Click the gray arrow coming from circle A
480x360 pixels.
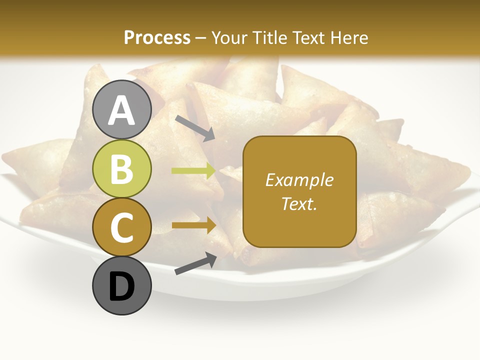[x=195, y=127]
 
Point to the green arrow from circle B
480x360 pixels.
[x=193, y=171]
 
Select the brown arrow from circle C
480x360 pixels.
[x=193, y=225]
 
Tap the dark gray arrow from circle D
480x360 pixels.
[x=195, y=263]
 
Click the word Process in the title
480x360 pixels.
[x=157, y=38]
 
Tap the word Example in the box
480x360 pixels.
[x=299, y=180]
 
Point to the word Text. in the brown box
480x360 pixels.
[x=299, y=204]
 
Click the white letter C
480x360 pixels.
[x=122, y=228]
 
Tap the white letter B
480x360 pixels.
[x=122, y=169]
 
